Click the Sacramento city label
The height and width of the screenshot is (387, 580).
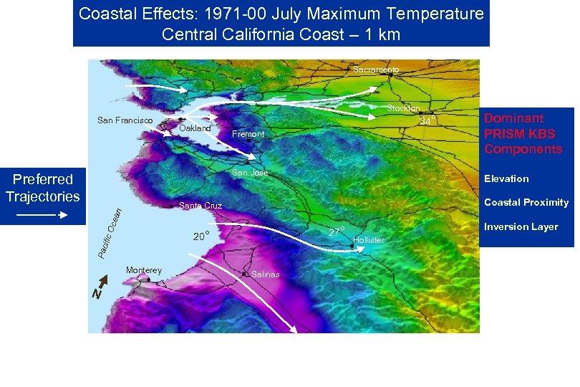(376, 70)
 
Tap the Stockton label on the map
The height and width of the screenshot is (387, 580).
(403, 108)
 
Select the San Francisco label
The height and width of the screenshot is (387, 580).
(125, 120)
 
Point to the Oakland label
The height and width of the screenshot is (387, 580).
(195, 128)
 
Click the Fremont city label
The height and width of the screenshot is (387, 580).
(248, 134)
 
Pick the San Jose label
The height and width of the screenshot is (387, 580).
(250, 173)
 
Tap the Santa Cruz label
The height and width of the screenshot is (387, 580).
(200, 206)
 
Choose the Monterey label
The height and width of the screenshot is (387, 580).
(144, 270)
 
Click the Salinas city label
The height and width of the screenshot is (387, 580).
(266, 274)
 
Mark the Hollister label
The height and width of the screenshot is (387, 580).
(369, 240)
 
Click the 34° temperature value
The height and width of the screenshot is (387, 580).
(427, 121)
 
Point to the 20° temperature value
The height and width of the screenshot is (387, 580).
(201, 237)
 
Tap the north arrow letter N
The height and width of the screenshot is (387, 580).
(96, 294)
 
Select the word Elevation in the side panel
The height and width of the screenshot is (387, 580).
(506, 179)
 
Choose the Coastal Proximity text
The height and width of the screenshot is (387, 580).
(526, 203)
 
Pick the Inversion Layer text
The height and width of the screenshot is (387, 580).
(521, 227)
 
